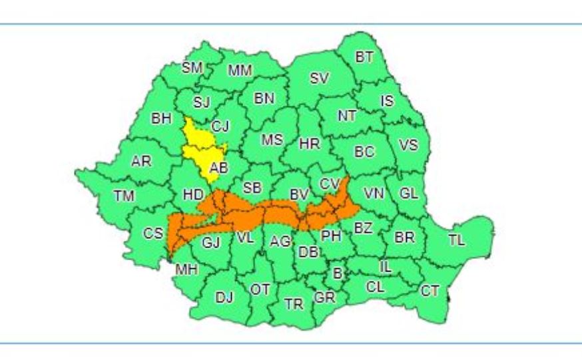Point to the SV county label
(319, 78)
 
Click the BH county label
(161, 119)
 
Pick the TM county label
(124, 196)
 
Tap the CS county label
(154, 234)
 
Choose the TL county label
(456, 240)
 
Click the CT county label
(430, 290)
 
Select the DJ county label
(224, 298)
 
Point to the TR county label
(294, 304)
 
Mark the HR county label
(310, 144)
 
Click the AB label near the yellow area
(218, 168)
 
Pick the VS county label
(407, 145)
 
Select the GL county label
(409, 194)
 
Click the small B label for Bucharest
(337, 272)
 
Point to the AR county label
(141, 162)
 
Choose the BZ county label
(363, 228)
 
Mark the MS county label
(272, 140)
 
